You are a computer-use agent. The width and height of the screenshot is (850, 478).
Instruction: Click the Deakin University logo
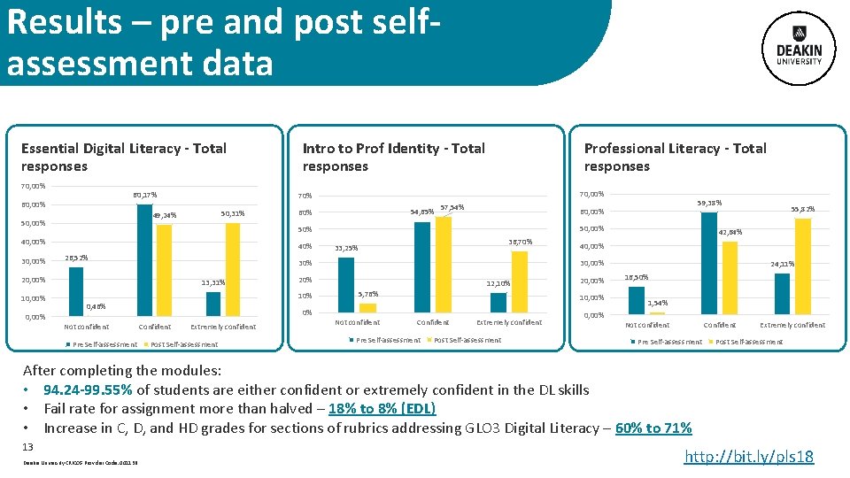coord(800,45)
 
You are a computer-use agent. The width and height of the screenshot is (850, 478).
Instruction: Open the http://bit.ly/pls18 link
coord(749,457)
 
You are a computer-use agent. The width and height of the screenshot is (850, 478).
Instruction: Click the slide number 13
coord(27,447)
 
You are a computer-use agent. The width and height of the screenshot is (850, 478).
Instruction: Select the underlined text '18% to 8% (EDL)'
coord(381,409)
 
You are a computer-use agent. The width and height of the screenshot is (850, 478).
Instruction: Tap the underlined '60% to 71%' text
coord(653,428)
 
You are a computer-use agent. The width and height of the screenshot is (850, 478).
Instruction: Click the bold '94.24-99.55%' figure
coord(89,389)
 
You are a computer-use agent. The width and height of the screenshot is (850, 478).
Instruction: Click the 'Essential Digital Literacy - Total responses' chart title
coord(123,157)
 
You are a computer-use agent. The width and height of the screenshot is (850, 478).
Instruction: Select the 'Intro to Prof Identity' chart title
coord(393,157)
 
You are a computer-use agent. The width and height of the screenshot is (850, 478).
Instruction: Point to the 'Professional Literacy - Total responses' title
coord(675,157)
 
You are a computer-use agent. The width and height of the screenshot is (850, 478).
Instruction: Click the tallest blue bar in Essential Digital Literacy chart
coord(144,259)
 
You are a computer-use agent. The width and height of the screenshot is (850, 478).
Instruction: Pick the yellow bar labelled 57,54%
coord(443,264)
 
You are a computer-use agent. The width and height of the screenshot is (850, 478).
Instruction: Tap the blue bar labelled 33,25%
coord(345,284)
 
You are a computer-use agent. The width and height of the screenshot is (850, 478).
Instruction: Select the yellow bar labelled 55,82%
coord(803,266)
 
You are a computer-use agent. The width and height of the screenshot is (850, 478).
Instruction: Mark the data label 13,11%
coord(212,283)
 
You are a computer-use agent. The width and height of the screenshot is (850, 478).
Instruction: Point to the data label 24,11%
coord(782,264)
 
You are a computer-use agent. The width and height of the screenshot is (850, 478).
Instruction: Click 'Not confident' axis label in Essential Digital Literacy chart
coord(86,327)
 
